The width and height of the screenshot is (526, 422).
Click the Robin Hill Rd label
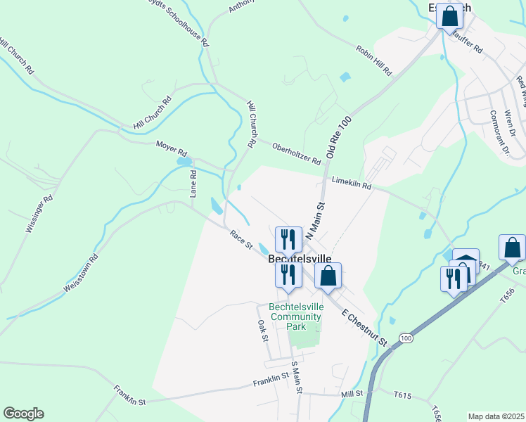[x=373, y=60]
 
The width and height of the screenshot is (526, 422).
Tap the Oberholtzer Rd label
[x=296, y=151]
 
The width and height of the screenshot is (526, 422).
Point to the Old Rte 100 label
[x=338, y=137]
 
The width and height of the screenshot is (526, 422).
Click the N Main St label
[x=316, y=222]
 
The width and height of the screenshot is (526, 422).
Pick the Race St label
[x=240, y=239]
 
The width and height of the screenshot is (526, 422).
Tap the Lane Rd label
[x=193, y=183]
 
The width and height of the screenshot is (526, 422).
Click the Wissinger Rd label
[x=39, y=213]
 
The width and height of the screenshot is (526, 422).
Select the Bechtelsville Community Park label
[x=295, y=316]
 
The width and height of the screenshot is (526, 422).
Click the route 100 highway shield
[x=406, y=338]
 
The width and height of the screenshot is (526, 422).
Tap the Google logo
[x=23, y=414]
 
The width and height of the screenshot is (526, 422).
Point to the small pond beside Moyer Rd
[x=184, y=161]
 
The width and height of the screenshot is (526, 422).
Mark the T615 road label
[x=402, y=395]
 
